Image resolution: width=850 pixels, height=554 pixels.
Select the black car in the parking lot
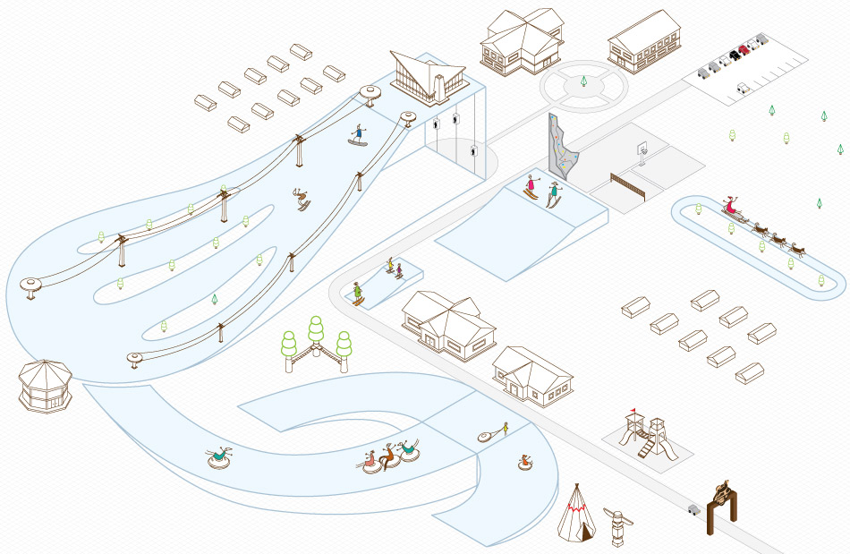tap(735, 55)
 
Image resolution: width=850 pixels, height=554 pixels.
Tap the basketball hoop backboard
tap(642, 149)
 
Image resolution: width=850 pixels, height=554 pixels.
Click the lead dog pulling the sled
tap(799, 248)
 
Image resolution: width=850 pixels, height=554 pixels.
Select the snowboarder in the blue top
tap(359, 134)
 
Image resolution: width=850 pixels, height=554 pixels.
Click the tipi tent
tap(576, 515)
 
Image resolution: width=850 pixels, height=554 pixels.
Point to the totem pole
tap(615, 527)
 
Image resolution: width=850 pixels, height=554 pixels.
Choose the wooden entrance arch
tap(722, 507)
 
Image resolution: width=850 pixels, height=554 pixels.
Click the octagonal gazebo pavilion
tap(45, 386)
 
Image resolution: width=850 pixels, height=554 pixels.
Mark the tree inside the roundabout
tap(583, 82)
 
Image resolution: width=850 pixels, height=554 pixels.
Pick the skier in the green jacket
tap(358, 292)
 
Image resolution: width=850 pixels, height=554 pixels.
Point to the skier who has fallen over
tap(302, 199)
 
